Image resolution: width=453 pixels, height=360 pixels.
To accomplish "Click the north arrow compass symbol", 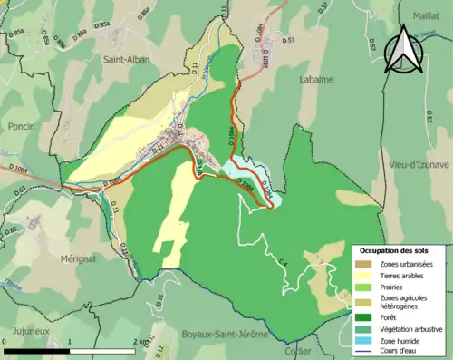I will click(x=403, y=49).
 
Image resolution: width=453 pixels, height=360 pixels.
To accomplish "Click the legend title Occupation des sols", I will click(x=394, y=249).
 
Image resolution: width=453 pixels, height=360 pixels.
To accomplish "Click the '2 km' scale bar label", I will click(x=141, y=341).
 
